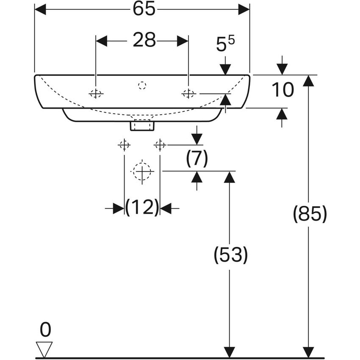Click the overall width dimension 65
[x=142, y=9]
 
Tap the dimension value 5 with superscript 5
[x=225, y=44]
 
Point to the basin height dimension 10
[x=282, y=90]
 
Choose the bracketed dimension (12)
[x=142, y=208]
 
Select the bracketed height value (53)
[x=230, y=255]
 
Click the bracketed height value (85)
[x=310, y=214]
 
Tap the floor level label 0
[x=45, y=330]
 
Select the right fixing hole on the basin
[x=188, y=94]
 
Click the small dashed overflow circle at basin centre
[x=142, y=86]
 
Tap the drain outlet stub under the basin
[x=142, y=125]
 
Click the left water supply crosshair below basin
[x=124, y=145]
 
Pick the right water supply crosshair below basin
[x=160, y=145]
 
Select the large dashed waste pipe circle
[x=142, y=172]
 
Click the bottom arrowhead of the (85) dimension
[x=309, y=352]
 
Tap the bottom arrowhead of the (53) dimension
[x=230, y=352]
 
